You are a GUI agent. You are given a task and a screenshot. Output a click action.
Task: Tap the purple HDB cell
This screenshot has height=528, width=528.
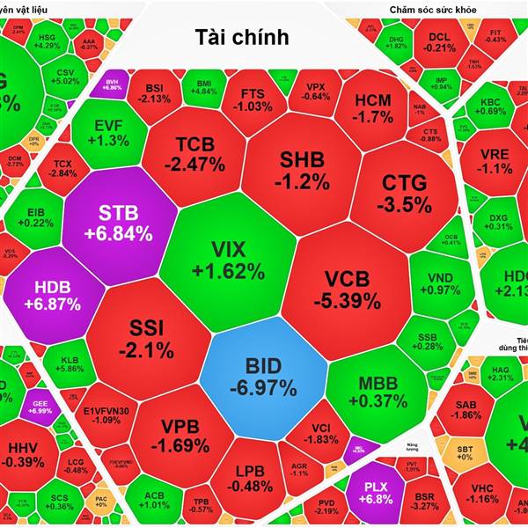pos(57,294)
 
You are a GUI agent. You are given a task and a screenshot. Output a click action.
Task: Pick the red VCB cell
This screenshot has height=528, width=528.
pos(351,289)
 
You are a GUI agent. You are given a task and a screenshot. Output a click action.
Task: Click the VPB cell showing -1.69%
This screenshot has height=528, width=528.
pos(185,436)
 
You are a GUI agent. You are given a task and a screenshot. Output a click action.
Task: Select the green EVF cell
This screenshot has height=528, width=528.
pos(107,131)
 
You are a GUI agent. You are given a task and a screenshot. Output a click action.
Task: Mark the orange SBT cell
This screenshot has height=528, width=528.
pos(464,454)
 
